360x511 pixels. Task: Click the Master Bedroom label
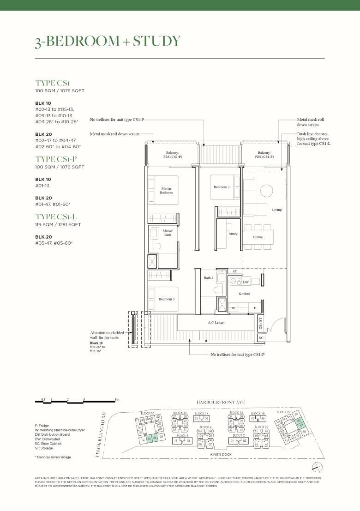(x=167, y=190)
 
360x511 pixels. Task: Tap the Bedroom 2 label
(x=222, y=187)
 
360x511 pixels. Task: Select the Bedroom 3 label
(x=167, y=299)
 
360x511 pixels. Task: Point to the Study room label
(x=233, y=234)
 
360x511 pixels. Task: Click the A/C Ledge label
(x=216, y=322)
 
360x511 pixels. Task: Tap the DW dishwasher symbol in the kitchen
(x=246, y=282)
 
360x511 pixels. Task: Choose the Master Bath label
(x=168, y=233)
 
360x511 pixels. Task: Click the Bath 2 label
(x=208, y=278)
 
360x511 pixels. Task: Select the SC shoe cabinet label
(x=261, y=338)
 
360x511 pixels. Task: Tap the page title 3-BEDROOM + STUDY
(x=108, y=41)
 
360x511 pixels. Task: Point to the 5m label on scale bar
(x=117, y=399)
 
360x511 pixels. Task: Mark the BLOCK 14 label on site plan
(x=202, y=414)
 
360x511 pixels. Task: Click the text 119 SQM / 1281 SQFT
(x=58, y=225)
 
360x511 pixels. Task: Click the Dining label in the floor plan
(x=258, y=237)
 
